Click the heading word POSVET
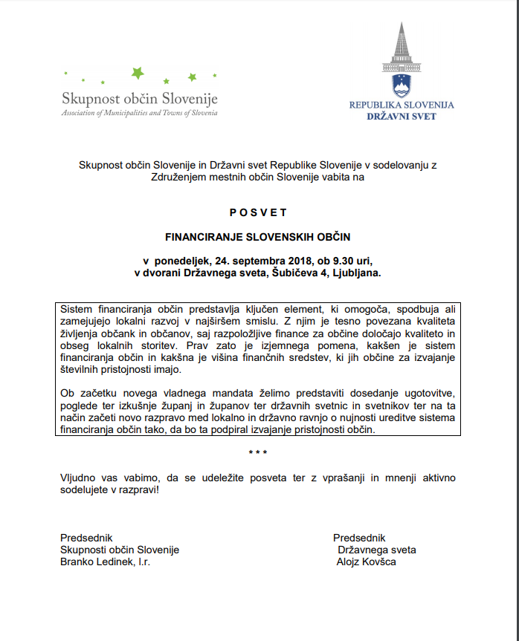(x=258, y=212)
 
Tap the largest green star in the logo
(x=137, y=73)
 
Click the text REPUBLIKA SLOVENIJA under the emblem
(x=402, y=105)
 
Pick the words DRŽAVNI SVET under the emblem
(x=402, y=117)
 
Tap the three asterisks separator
(x=258, y=452)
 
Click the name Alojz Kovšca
(x=367, y=562)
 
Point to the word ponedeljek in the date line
(x=181, y=261)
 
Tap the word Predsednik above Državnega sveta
(x=359, y=538)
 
